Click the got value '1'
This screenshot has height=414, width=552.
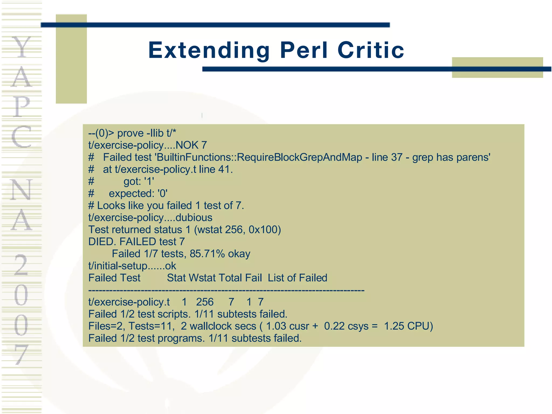click(149, 181)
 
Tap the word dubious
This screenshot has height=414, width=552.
click(194, 218)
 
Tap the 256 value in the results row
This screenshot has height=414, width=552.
click(205, 302)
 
